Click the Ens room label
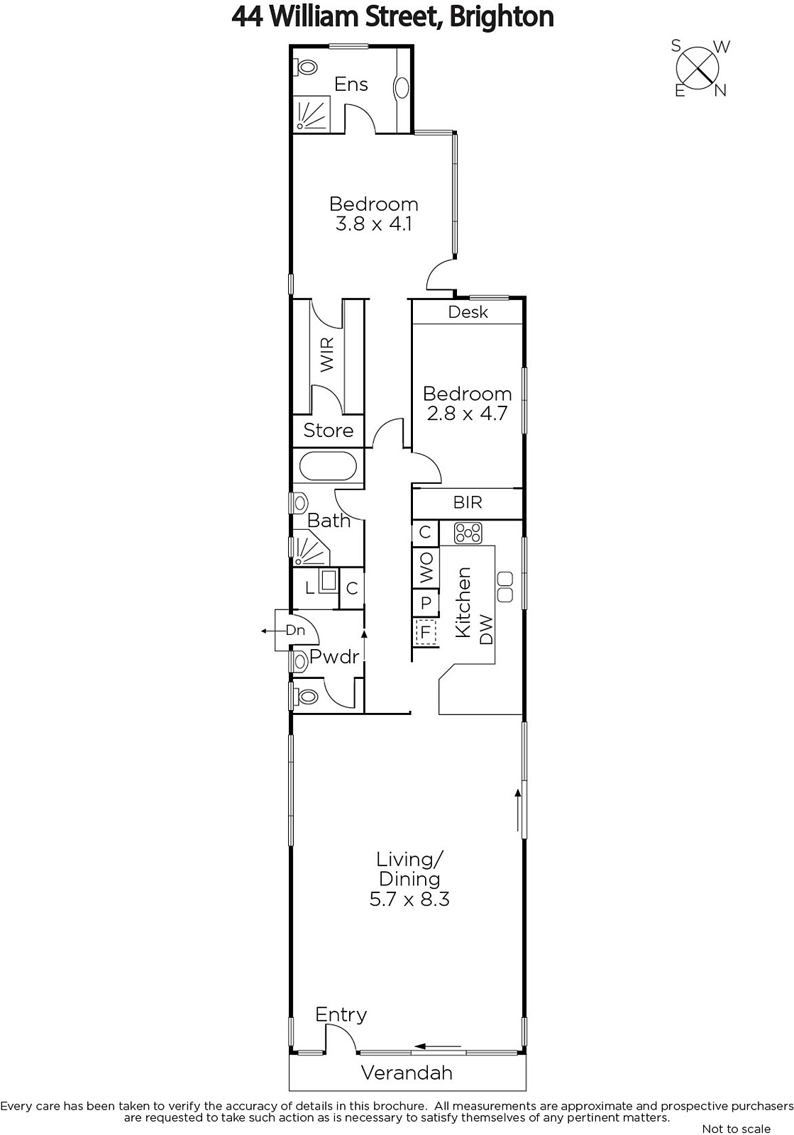click(351, 84)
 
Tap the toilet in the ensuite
click(306, 67)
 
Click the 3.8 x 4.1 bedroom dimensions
click(373, 223)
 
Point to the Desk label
click(468, 312)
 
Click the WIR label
click(327, 355)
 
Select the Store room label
click(329, 430)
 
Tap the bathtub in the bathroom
click(328, 466)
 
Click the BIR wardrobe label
click(468, 502)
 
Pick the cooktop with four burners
click(468, 533)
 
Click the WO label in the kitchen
click(426, 567)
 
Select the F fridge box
click(426, 632)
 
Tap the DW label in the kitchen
click(485, 629)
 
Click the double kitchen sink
click(505, 587)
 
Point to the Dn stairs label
click(295, 630)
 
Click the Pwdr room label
click(334, 656)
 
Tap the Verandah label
click(407, 1073)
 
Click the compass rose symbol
click(698, 68)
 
